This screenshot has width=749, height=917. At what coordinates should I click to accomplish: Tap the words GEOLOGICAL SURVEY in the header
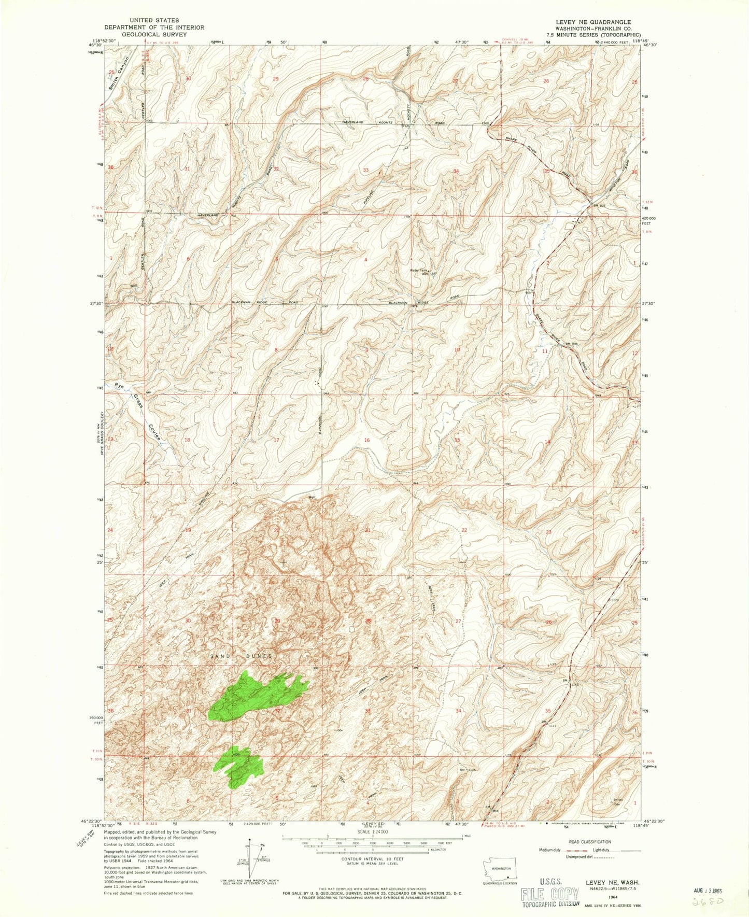(154, 34)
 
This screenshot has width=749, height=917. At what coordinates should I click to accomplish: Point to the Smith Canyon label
(118, 74)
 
